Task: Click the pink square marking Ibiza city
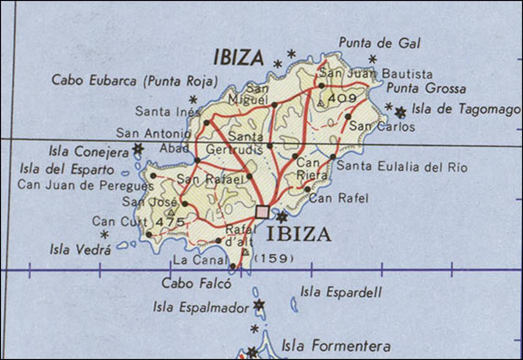pos(262,212)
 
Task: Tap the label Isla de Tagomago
pos(466,109)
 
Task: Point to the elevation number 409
pos(342,98)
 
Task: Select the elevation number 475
pos(170,222)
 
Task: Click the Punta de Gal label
pos(379,43)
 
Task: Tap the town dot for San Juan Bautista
pos(322,86)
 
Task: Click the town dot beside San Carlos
pos(348,116)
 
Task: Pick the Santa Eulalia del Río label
pos(402,167)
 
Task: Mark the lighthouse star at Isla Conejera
pos(138,148)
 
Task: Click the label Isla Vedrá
pos(80,250)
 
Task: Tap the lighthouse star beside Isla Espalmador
pos(259,304)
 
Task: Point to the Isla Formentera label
pos(336,345)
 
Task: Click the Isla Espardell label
pos(341,292)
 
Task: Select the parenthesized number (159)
pos(274,259)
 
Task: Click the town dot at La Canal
pos(233,266)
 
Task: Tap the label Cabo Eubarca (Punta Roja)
pos(135,81)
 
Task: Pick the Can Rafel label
pos(339,198)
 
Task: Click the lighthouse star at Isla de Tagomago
pos(400,112)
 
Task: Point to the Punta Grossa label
pos(426,89)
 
